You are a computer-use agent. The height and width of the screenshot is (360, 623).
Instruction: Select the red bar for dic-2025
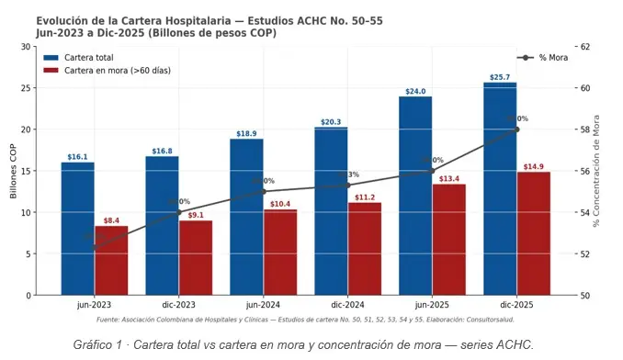point(533,233)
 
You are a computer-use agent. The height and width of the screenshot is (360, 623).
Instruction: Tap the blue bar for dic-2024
point(331,211)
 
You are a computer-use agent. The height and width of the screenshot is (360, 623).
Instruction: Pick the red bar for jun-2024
point(280,253)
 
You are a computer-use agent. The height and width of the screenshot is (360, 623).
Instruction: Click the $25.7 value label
point(500,77)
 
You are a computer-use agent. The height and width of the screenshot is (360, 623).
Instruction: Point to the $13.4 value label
point(449,179)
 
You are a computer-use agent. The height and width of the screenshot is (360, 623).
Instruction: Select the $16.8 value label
point(162,151)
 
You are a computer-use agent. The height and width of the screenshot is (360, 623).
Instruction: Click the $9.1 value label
point(196,216)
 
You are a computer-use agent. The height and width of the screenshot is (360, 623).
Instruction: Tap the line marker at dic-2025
point(516,129)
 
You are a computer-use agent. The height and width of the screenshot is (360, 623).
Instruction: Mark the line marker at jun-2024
point(263,192)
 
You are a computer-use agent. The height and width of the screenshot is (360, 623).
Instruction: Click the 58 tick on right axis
point(585,129)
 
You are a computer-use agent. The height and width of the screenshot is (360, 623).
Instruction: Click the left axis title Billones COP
point(12,171)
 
